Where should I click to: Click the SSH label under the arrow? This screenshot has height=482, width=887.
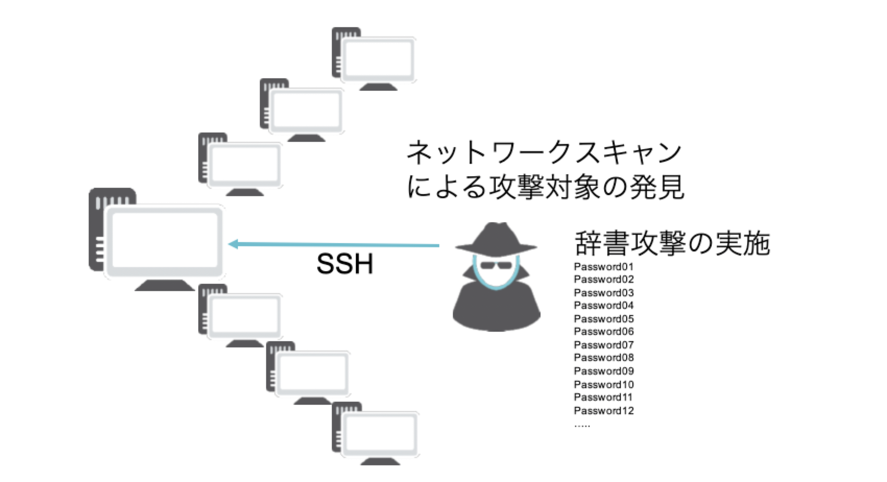(x=345, y=264)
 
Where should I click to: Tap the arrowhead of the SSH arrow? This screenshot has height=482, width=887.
(x=233, y=244)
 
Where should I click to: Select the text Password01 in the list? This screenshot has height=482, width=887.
(x=604, y=267)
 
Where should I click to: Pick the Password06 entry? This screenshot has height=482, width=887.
(x=604, y=332)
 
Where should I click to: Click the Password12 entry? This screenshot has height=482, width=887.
(x=604, y=411)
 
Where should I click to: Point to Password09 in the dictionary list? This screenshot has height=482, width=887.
(x=604, y=371)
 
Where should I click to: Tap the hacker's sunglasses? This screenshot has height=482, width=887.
(x=496, y=265)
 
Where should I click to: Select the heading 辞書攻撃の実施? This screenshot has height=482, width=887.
(x=672, y=243)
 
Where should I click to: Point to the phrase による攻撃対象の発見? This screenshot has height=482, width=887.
(x=545, y=187)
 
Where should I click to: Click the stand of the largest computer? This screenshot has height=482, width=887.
(x=165, y=285)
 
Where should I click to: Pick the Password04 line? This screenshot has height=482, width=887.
(x=604, y=306)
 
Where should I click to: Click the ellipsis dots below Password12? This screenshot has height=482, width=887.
(x=582, y=426)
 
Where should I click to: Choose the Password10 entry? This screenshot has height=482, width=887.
(x=604, y=384)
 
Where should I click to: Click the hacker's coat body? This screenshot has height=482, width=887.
(x=496, y=310)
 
